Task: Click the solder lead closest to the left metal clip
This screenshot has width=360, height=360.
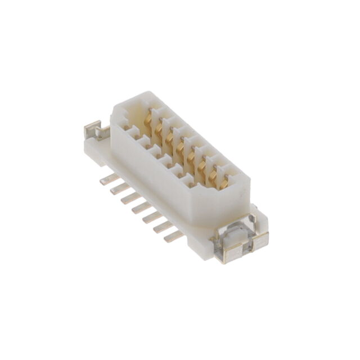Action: [x=109, y=179]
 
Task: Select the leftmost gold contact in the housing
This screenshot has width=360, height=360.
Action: [x=148, y=119]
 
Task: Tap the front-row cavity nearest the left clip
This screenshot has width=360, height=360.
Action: [x=134, y=133]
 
